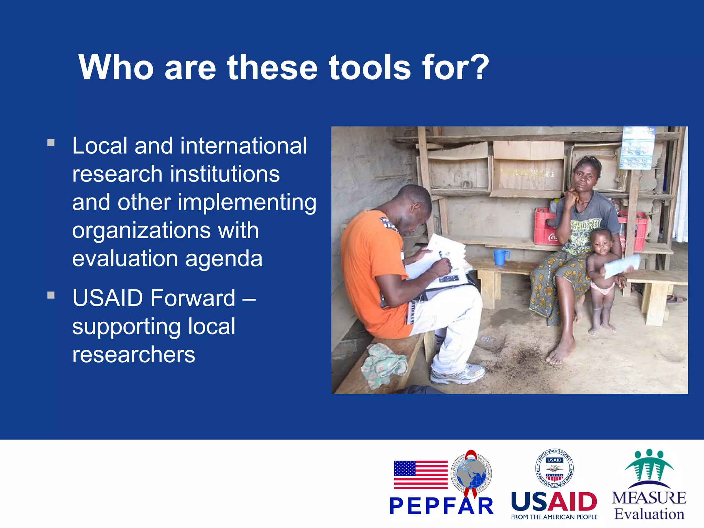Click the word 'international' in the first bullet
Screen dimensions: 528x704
(243, 146)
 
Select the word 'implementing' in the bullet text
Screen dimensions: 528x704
(247, 203)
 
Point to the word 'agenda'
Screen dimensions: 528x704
(224, 258)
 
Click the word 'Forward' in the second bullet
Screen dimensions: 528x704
(193, 298)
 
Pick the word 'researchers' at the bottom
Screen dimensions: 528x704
(133, 355)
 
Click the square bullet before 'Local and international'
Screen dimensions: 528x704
(51, 143)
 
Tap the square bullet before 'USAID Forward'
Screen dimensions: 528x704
(51, 295)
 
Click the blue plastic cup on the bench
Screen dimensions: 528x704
(500, 257)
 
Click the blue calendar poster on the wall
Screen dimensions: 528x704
(638, 148)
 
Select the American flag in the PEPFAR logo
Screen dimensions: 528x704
(420, 475)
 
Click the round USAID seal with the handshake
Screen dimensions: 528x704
(554, 468)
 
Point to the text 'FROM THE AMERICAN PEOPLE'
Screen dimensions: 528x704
(554, 517)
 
